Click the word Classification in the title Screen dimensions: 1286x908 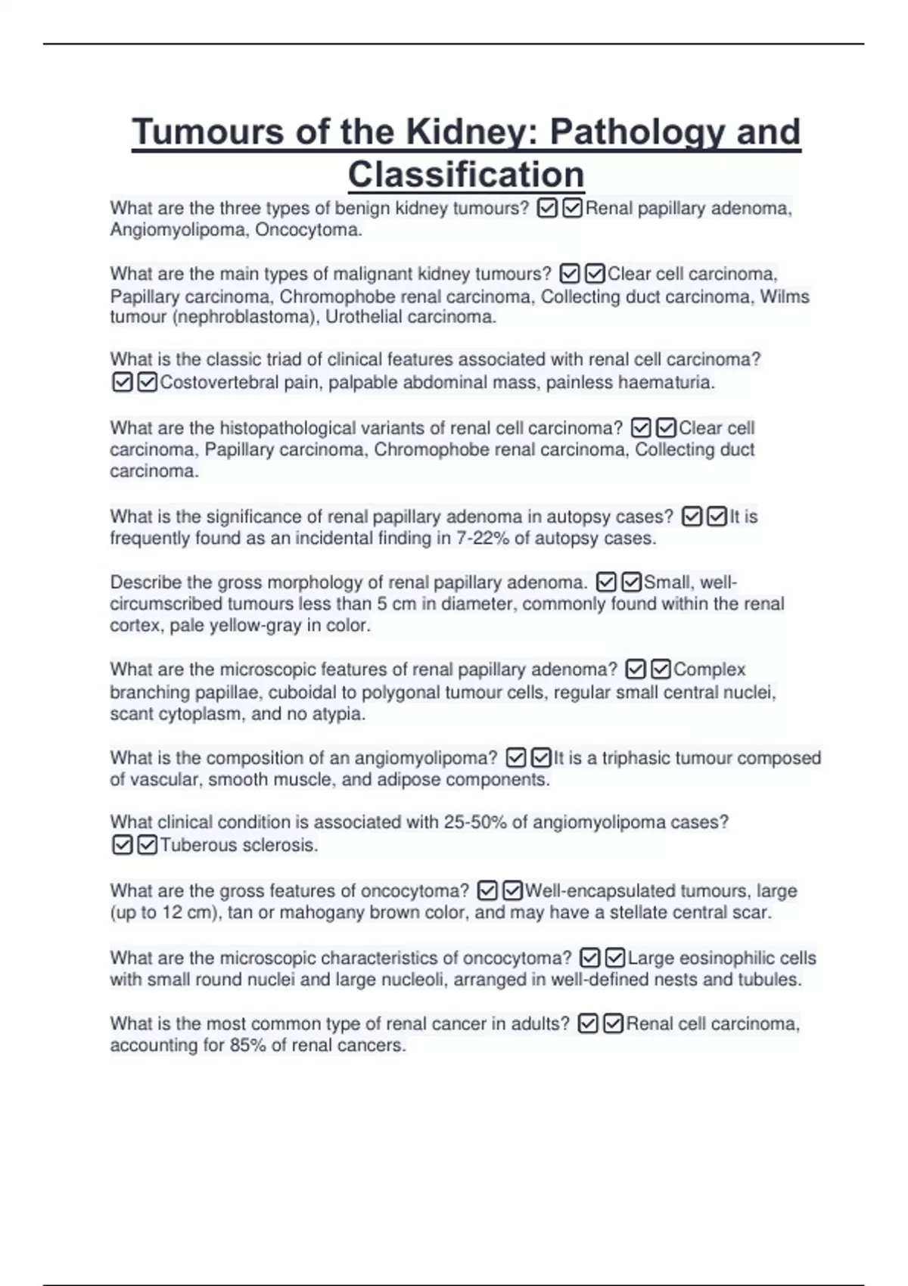[x=466, y=175]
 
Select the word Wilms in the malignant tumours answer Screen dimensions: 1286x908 [x=785, y=297]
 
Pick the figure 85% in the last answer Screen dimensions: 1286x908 [x=248, y=1045]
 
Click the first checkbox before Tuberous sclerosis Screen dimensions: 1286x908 [x=122, y=845]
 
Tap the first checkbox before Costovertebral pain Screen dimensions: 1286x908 [x=122, y=383]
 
